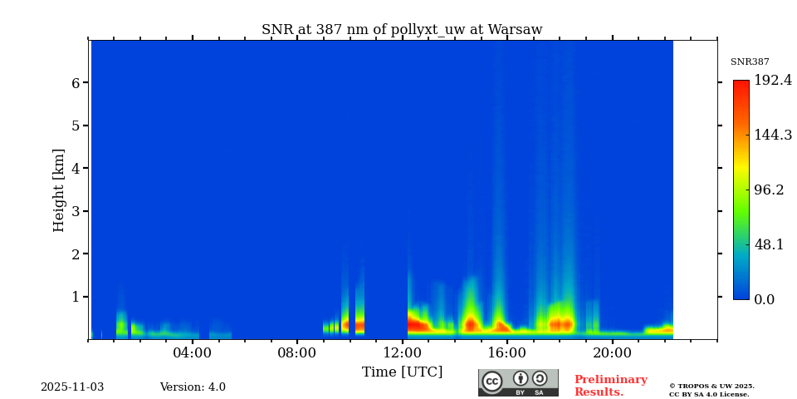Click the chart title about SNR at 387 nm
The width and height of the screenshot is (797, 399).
pyautogui.click(x=402, y=30)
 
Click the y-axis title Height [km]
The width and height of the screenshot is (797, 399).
pyautogui.click(x=59, y=190)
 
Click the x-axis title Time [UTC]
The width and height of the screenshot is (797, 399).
pyautogui.click(x=402, y=372)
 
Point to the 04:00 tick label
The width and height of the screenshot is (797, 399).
pyautogui.click(x=193, y=352)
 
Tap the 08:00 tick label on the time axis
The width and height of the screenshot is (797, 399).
pyautogui.click(x=297, y=352)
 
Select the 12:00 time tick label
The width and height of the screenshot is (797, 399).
pyautogui.click(x=403, y=352)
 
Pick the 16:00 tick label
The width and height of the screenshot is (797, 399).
pyautogui.click(x=507, y=352)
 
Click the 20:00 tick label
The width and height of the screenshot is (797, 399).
pyautogui.click(x=612, y=352)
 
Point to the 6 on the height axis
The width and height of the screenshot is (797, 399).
pyautogui.click(x=75, y=83)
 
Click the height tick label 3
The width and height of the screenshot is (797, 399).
pyautogui.click(x=75, y=211)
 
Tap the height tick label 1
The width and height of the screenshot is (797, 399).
pyautogui.click(x=75, y=297)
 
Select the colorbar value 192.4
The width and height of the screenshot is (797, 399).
pyautogui.click(x=773, y=81)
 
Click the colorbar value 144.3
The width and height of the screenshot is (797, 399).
pyautogui.click(x=773, y=135)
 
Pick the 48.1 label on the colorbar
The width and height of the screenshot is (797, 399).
pyautogui.click(x=769, y=244)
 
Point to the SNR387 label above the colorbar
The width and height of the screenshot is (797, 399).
pyautogui.click(x=750, y=62)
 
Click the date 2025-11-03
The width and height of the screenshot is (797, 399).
pyautogui.click(x=72, y=387)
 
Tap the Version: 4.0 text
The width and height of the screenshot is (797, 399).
pyautogui.click(x=193, y=387)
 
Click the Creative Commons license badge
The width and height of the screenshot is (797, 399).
pyautogui.click(x=518, y=382)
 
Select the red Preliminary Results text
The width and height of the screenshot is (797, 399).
pyautogui.click(x=610, y=386)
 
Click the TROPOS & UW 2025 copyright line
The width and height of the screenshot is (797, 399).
pyautogui.click(x=711, y=386)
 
